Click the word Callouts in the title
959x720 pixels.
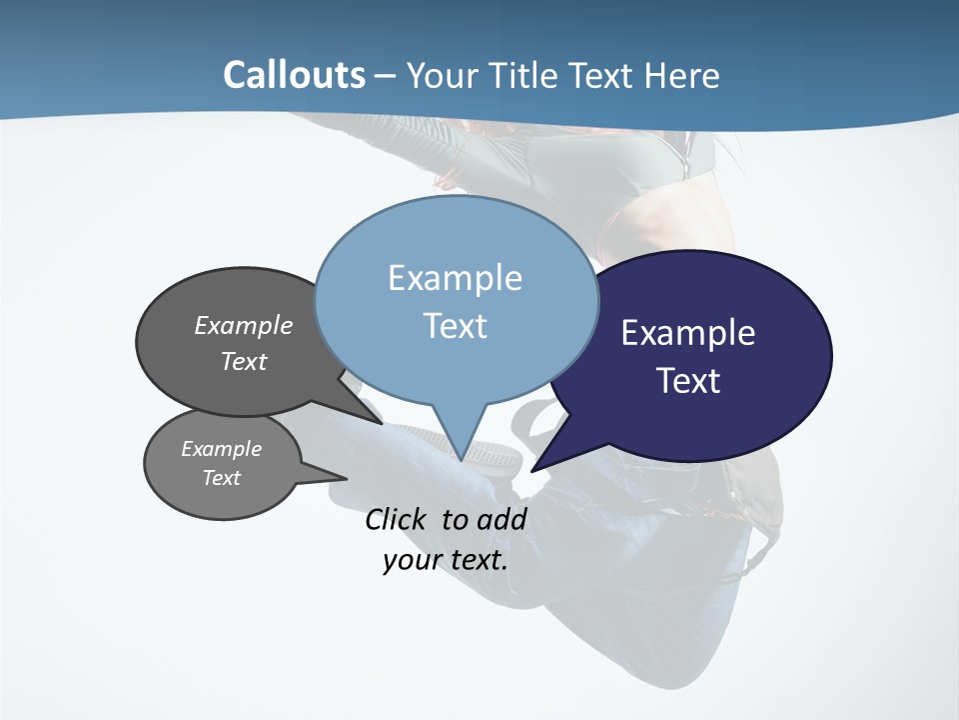tap(294, 75)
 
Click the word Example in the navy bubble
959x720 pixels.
tap(688, 333)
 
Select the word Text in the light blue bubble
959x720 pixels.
tap(456, 326)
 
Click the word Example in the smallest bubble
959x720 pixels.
tap(221, 449)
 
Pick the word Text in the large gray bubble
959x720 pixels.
tap(244, 361)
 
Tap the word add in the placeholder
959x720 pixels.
tap(500, 519)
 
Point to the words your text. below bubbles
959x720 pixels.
tap(446, 560)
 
